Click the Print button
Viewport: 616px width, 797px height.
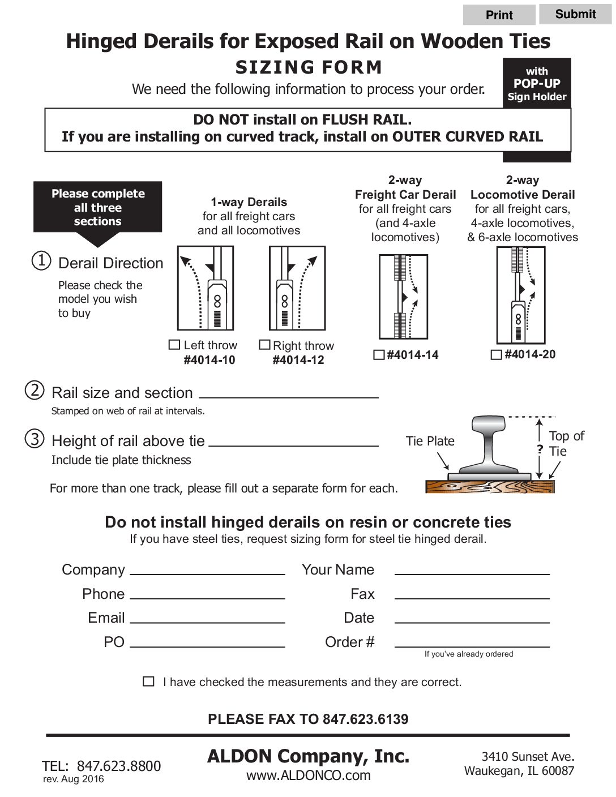(499, 15)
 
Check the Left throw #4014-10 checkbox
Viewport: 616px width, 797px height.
(174, 345)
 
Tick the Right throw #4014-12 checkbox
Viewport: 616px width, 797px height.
(264, 345)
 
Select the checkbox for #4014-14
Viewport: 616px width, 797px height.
(379, 355)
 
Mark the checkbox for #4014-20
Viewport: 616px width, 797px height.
(496, 355)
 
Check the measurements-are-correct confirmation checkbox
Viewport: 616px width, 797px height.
(149, 682)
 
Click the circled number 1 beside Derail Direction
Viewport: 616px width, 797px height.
(41, 261)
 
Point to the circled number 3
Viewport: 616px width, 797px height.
(35, 439)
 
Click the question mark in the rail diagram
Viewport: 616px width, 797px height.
(540, 450)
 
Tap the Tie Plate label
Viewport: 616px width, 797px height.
(430, 441)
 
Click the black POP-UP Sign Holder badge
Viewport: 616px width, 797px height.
(537, 83)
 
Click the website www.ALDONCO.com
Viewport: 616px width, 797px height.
(308, 775)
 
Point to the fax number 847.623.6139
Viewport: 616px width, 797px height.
(365, 719)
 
